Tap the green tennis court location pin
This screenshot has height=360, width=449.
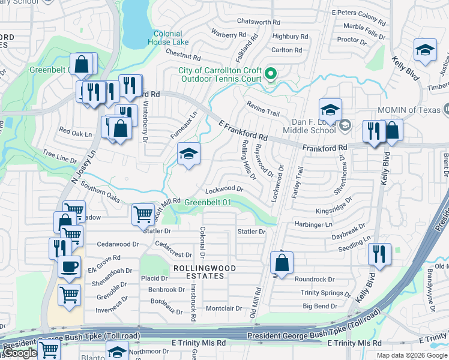(x=271, y=74)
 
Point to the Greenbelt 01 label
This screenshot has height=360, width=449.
(x=207, y=202)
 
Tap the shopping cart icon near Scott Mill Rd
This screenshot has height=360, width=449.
(x=143, y=213)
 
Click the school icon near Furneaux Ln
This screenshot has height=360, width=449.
(x=188, y=155)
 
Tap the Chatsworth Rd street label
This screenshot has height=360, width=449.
(x=259, y=21)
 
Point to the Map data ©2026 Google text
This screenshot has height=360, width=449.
(x=412, y=355)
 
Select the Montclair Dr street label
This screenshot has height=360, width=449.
(x=223, y=308)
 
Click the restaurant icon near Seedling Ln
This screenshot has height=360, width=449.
(x=379, y=253)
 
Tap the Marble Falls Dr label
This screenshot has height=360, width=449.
(x=364, y=26)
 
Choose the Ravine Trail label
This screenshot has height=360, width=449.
(x=263, y=113)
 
